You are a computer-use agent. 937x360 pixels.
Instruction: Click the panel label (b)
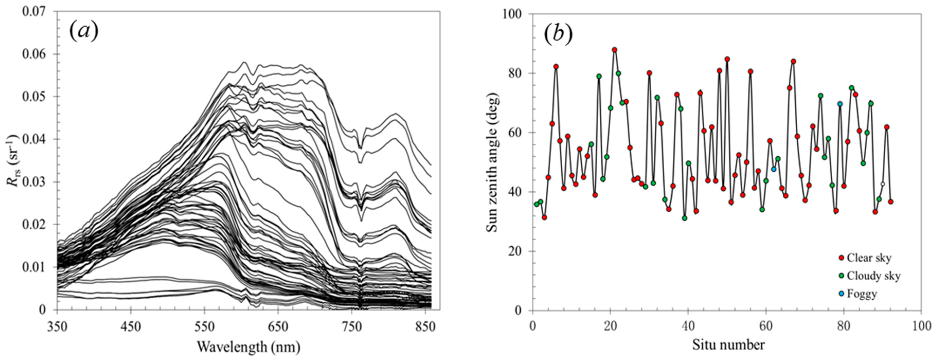click(558, 33)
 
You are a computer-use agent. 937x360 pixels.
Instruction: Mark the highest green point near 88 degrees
click(614, 50)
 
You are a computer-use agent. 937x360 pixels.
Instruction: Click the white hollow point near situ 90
click(882, 184)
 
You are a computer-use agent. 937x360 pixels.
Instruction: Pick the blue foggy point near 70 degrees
click(840, 104)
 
